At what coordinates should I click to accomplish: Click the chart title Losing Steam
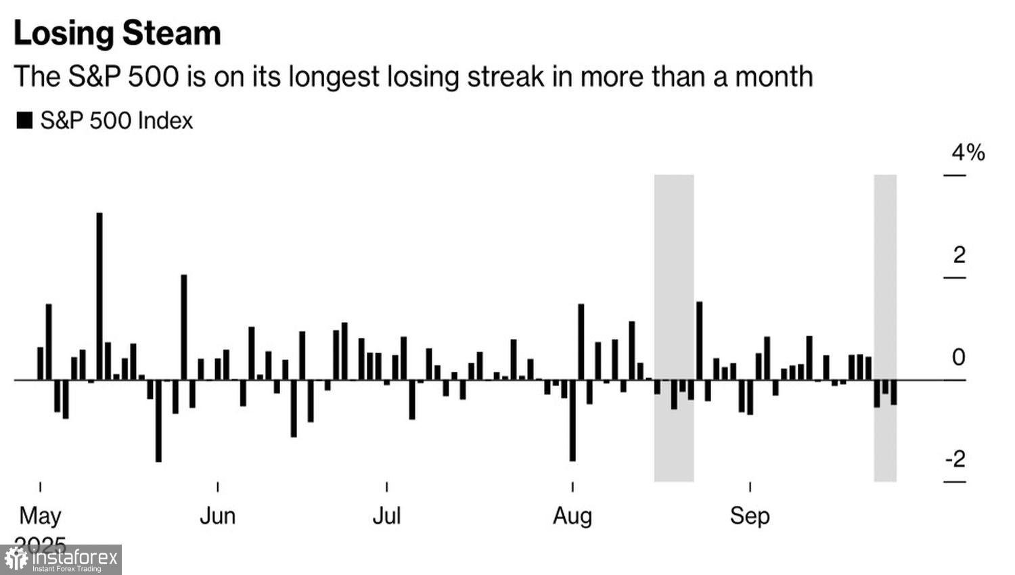coord(117,33)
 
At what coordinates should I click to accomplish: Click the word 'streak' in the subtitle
coord(505,76)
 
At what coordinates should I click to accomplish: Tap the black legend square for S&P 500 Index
coord(24,121)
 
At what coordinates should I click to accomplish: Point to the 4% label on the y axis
coord(968,153)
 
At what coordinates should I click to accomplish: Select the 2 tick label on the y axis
coord(959,256)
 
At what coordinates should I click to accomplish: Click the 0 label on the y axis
coord(958,358)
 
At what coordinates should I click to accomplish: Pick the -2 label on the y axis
coord(955,460)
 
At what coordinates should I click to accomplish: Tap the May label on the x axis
coord(40,516)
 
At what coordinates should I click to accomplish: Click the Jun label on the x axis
coord(217,516)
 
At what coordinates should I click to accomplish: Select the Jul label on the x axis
coord(386,516)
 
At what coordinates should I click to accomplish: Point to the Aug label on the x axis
coord(572,516)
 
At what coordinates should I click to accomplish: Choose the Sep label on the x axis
coord(750,516)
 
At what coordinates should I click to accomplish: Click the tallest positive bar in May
coord(99,296)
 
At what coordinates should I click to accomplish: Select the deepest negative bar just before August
coord(572,420)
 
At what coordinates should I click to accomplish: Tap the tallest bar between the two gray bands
coord(699,340)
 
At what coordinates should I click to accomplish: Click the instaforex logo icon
coord(16,559)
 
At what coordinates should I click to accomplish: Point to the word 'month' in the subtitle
coord(774,76)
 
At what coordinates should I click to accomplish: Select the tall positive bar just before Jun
coord(183,327)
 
